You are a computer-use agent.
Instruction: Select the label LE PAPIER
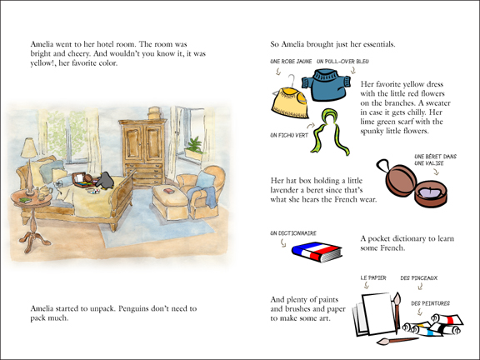coord(372,276)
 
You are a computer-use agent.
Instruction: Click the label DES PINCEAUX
coord(420,276)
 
